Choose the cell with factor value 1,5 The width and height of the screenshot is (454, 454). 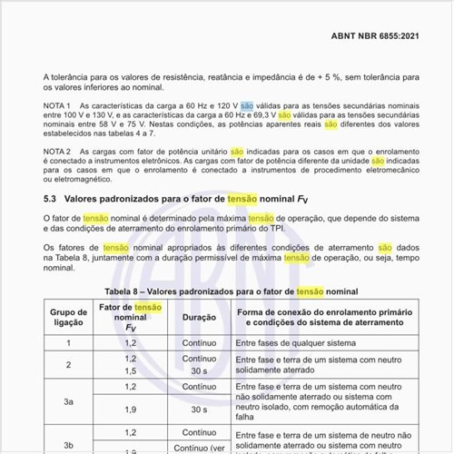click(130, 371)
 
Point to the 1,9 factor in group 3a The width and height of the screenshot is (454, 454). click(130, 410)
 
